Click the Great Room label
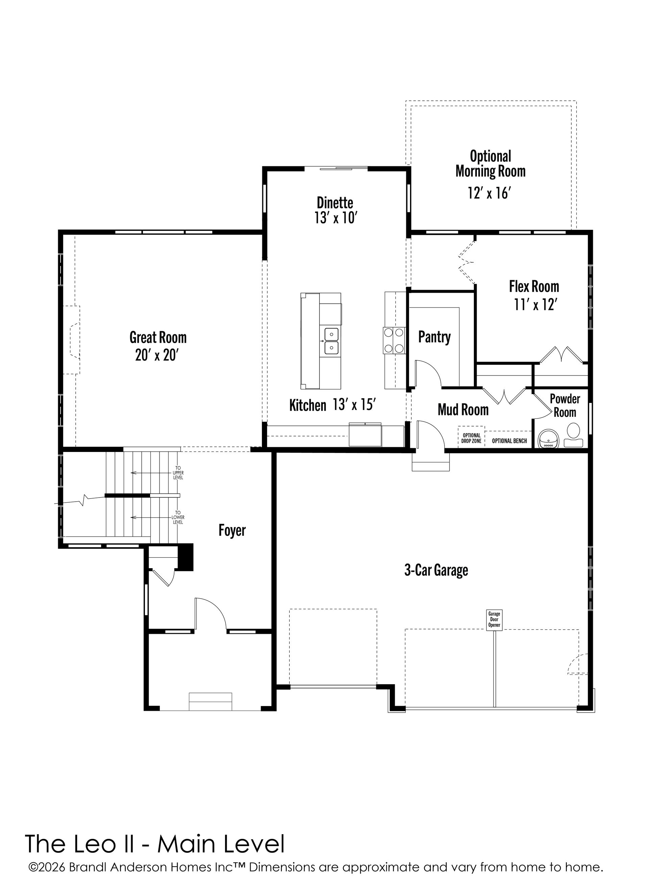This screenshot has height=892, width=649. coord(158,337)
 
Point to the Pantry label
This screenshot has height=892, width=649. coord(434,337)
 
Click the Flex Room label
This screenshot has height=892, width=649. coord(534,286)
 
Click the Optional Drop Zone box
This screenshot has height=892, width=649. coord(472,437)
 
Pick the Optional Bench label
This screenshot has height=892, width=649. coord(509,441)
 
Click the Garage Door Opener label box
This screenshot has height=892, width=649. coord(495,621)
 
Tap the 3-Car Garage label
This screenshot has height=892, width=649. coord(436,570)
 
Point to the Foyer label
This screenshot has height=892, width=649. coord(232,530)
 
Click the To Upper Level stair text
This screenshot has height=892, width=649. coord(178,473)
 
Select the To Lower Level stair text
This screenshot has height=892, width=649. coord(178,517)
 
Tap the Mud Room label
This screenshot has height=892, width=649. coord(463,410)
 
